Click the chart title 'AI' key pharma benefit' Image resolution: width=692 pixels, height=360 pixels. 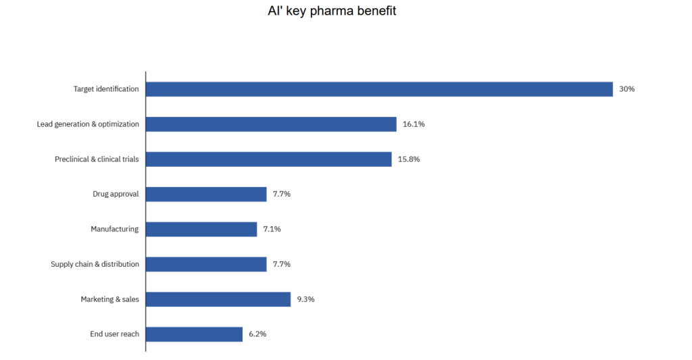332,11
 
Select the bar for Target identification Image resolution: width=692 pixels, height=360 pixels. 379,89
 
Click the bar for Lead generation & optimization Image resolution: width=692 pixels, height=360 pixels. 271,124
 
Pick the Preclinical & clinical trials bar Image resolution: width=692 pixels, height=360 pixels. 268,159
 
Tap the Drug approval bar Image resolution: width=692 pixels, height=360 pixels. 206,195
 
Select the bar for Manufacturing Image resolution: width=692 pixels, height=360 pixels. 201,229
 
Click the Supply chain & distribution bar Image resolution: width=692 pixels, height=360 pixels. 206,264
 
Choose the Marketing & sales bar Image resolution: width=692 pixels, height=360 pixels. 218,299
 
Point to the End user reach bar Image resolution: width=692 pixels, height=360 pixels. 194,334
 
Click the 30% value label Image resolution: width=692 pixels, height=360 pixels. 626,89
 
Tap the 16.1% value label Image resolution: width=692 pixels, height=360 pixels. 414,124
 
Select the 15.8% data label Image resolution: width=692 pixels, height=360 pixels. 409,159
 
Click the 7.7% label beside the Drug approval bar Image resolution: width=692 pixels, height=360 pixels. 282,195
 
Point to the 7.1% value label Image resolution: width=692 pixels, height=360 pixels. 272,229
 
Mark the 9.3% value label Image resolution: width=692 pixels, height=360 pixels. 305,299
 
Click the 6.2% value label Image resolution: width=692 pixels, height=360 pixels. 257,334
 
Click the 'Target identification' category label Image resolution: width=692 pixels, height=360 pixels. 106,89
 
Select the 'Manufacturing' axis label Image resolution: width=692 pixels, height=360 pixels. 115,229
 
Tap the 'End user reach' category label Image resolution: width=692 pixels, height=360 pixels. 114,334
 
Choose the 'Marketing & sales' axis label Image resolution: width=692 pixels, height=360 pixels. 110,299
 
